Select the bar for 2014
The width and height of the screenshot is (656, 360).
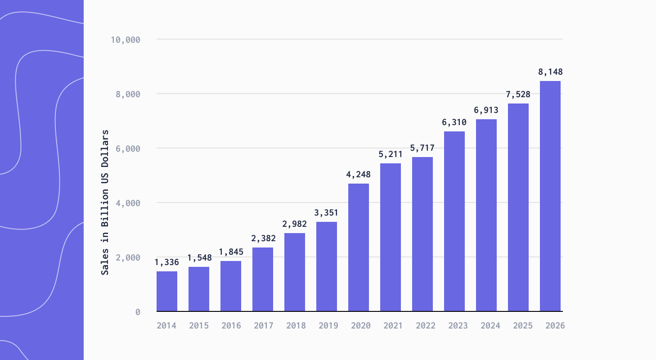click(167, 291)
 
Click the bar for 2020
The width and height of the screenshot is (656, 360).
click(359, 247)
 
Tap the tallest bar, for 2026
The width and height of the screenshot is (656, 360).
click(550, 196)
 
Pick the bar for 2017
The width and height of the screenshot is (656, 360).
click(263, 279)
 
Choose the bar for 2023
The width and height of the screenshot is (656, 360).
click(454, 221)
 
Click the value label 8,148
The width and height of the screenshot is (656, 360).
click(550, 72)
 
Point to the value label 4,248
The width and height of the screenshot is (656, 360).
click(359, 175)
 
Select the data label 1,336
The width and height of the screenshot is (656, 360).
click(167, 262)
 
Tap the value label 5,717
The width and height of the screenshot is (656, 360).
click(422, 148)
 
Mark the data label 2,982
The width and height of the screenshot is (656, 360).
click(295, 224)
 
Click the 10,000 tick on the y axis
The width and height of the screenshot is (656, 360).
click(126, 40)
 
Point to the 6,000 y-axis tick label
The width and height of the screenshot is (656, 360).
click(127, 148)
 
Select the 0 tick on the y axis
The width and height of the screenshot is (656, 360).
click(138, 312)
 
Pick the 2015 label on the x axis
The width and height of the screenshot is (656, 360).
click(199, 325)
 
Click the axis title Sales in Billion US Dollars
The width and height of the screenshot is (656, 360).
click(104, 202)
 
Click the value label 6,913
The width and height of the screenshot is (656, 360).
click(486, 110)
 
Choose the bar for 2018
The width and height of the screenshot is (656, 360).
click(295, 272)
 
